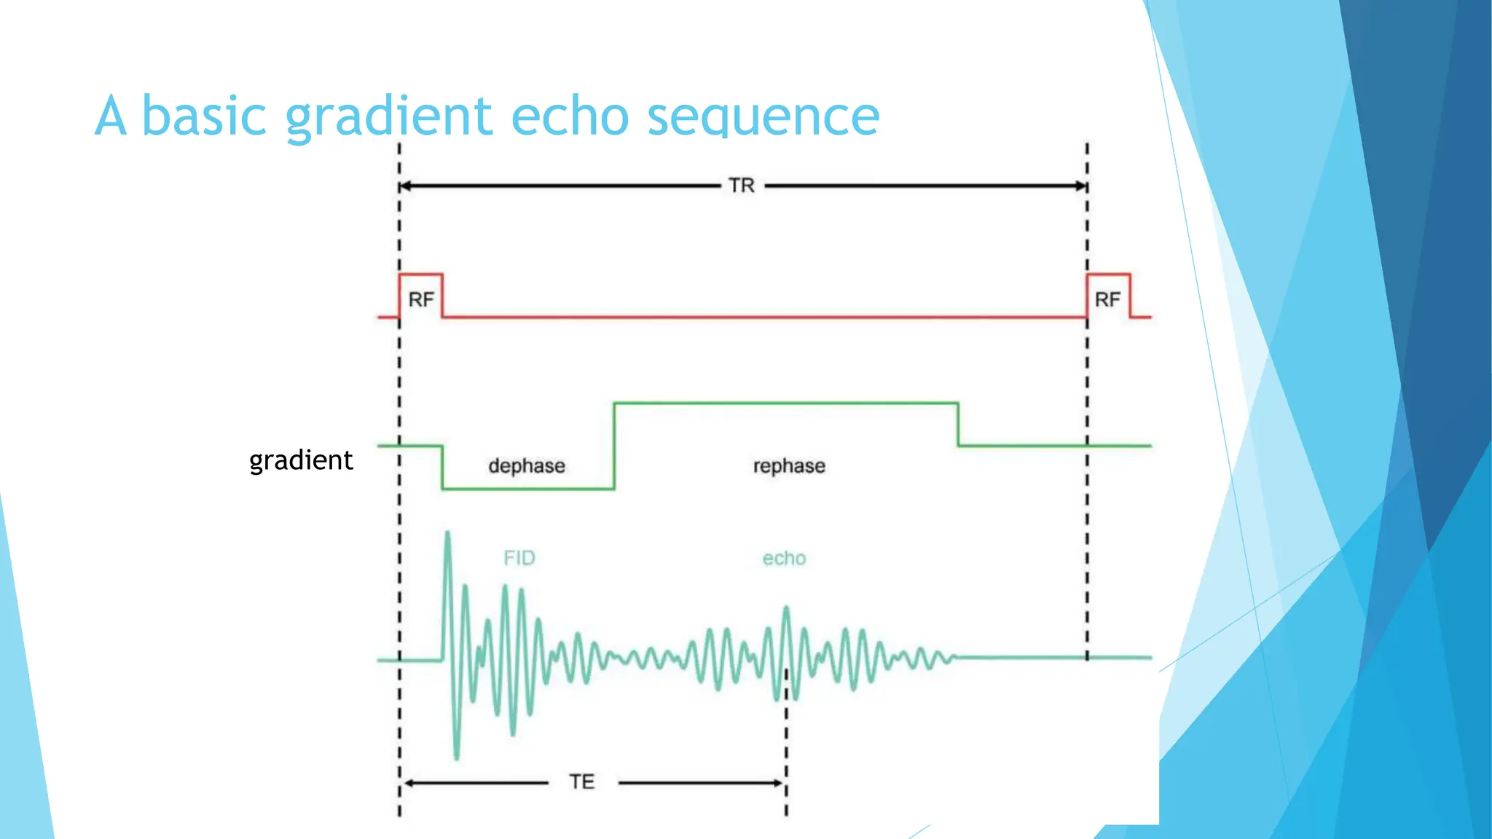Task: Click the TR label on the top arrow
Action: [x=742, y=186]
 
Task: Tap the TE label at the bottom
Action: [x=582, y=782]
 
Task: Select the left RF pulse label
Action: [x=421, y=299]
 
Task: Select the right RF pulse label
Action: [x=1107, y=299]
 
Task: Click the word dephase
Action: [x=526, y=466]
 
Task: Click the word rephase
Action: [x=789, y=466]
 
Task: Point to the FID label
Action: [x=519, y=558]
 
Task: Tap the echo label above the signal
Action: [x=784, y=559]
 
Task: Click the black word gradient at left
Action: [x=301, y=461]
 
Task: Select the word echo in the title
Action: [x=570, y=117]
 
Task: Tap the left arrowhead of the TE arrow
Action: [x=409, y=784]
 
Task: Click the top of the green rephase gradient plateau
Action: [x=785, y=403]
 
